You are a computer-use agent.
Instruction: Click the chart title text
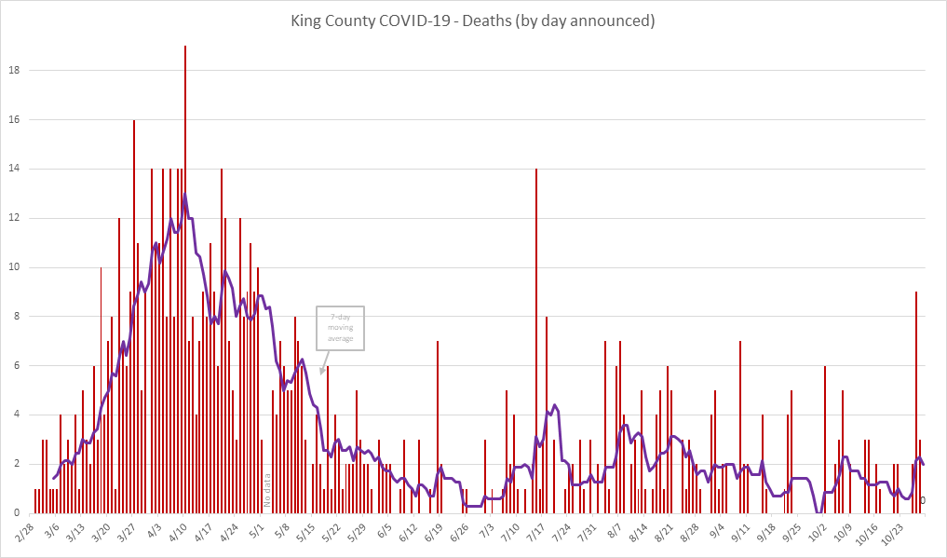pyautogui.click(x=473, y=20)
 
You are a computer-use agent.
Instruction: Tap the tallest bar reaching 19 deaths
pyautogui.click(x=185, y=279)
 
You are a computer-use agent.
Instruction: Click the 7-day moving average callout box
pyautogui.click(x=340, y=328)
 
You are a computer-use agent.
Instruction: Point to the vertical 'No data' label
pyautogui.click(x=266, y=489)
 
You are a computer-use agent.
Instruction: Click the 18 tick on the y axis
pyautogui.click(x=15, y=71)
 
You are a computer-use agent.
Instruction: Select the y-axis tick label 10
pyautogui.click(x=15, y=267)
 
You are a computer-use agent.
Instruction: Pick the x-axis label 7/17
pyautogui.click(x=537, y=538)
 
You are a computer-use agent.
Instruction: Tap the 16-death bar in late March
pyautogui.click(x=134, y=317)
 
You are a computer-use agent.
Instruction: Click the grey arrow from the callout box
pyautogui.click(x=326, y=362)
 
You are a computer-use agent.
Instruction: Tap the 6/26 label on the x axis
pyautogui.click(x=461, y=538)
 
